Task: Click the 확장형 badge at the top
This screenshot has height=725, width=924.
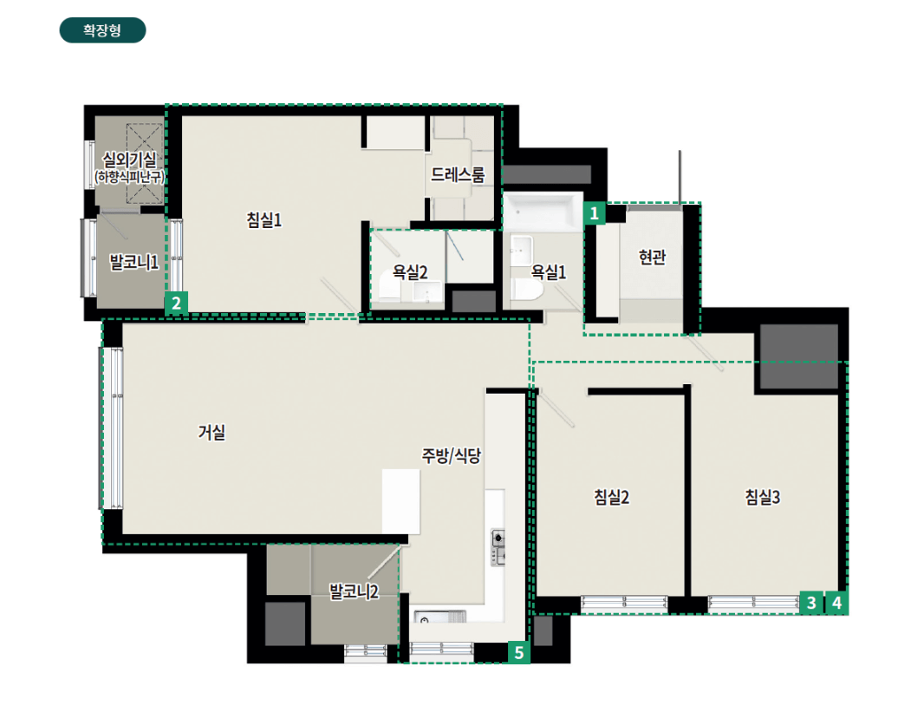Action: pyautogui.click(x=102, y=30)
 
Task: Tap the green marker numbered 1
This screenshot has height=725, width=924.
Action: pyautogui.click(x=594, y=212)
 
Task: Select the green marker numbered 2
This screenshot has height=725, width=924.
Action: pyautogui.click(x=176, y=303)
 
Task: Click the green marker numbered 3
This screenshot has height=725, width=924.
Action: pyautogui.click(x=811, y=603)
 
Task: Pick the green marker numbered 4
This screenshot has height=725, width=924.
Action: pyautogui.click(x=836, y=603)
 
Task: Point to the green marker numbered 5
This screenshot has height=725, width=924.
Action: pyautogui.click(x=518, y=652)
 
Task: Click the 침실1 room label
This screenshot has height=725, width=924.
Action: pyautogui.click(x=264, y=220)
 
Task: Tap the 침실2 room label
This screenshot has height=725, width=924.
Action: pyautogui.click(x=612, y=497)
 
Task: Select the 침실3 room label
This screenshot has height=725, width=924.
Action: pyautogui.click(x=763, y=497)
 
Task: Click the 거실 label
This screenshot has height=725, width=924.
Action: pyautogui.click(x=211, y=432)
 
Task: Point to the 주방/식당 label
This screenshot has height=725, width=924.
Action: pyautogui.click(x=452, y=455)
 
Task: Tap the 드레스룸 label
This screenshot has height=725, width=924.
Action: pyautogui.click(x=458, y=174)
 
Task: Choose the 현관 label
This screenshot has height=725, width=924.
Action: pyautogui.click(x=653, y=257)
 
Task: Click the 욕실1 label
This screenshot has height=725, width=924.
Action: pyautogui.click(x=549, y=271)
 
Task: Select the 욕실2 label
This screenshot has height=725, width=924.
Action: pyautogui.click(x=410, y=271)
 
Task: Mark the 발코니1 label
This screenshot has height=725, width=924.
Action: pyautogui.click(x=134, y=262)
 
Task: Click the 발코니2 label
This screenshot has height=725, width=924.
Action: pyautogui.click(x=354, y=591)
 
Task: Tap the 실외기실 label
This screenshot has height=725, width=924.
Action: pyautogui.click(x=130, y=160)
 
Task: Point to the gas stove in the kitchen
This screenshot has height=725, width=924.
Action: pyautogui.click(x=498, y=547)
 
